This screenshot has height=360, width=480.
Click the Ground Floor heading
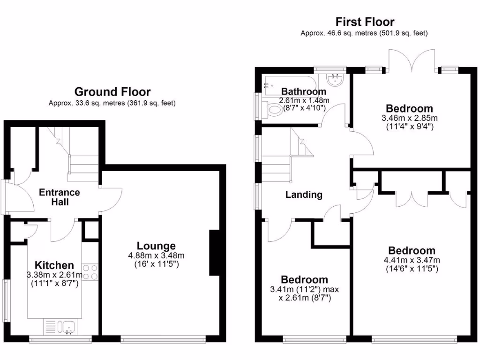click(x=112, y=92)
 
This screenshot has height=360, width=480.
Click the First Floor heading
click(x=365, y=22)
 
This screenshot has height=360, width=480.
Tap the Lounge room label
click(x=156, y=246)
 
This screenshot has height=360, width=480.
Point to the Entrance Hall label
click(x=59, y=197)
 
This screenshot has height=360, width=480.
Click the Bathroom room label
click(x=303, y=91)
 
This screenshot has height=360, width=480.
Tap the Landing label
click(x=304, y=195)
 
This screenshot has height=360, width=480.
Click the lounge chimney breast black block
click(x=214, y=253)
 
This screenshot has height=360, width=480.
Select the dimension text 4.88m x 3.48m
click(x=156, y=255)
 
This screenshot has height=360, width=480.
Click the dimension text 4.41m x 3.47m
click(x=412, y=260)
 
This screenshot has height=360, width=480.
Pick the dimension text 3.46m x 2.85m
click(x=409, y=118)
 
